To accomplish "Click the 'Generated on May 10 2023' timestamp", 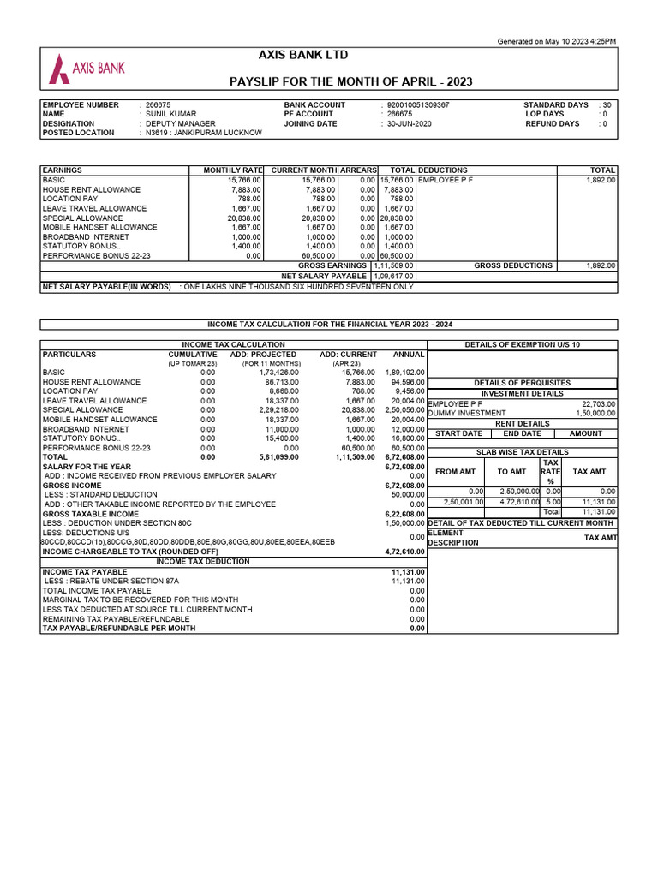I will click(x=556, y=41).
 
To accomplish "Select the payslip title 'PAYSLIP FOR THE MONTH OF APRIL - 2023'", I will click(x=351, y=81).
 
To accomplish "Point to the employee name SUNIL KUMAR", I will click(x=170, y=114).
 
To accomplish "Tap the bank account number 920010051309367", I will click(x=417, y=104).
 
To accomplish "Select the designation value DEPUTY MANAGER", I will click(x=180, y=123).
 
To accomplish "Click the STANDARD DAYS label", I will click(x=555, y=104).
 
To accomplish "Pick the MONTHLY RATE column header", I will click(x=232, y=170).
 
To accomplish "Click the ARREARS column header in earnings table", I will click(x=358, y=170).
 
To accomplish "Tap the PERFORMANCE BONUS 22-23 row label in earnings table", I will click(x=96, y=255).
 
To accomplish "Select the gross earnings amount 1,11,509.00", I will click(x=393, y=265).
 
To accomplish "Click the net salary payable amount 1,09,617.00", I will click(x=393, y=276).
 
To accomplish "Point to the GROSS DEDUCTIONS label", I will click(x=513, y=265).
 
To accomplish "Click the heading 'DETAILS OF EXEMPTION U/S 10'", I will click(x=522, y=344).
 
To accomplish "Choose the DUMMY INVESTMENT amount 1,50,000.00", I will click(x=595, y=413).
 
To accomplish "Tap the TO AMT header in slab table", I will click(x=511, y=471).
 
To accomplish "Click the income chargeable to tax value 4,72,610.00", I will click(x=404, y=552).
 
